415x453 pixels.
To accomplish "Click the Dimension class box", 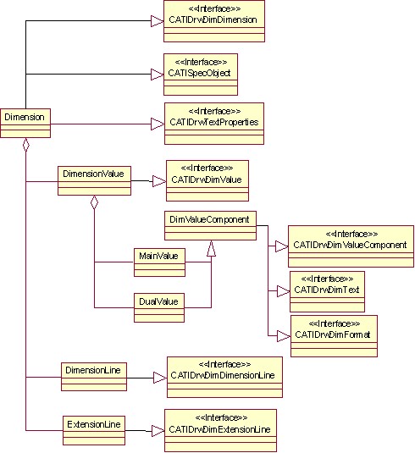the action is click(25, 123).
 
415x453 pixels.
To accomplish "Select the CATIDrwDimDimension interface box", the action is click(214, 21).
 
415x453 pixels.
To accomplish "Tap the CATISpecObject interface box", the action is click(201, 75).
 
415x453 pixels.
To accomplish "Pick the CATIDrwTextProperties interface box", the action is click(214, 124).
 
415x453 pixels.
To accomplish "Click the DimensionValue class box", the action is click(94, 180).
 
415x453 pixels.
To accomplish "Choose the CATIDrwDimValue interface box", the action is click(207, 180).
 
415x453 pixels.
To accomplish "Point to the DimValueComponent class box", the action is click(210, 225).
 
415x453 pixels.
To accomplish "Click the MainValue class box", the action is click(159, 262).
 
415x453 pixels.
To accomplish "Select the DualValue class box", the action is click(159, 307).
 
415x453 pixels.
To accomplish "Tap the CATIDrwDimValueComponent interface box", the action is click(351, 246).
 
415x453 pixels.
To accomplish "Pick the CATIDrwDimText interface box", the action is click(327, 291).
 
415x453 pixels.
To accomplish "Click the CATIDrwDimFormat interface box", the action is click(334, 336).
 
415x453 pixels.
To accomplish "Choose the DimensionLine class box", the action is click(94, 377).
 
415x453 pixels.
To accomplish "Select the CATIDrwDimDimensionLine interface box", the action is click(224, 377).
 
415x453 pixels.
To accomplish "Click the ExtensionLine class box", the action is click(94, 430).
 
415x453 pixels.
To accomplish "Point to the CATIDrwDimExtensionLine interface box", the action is click(220, 430).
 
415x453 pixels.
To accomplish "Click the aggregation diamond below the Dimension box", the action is click(26, 145).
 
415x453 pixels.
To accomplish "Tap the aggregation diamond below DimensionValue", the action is click(94, 202).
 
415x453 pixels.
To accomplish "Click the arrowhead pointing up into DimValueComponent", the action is click(211, 248).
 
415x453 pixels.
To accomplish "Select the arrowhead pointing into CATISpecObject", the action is click(158, 75).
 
